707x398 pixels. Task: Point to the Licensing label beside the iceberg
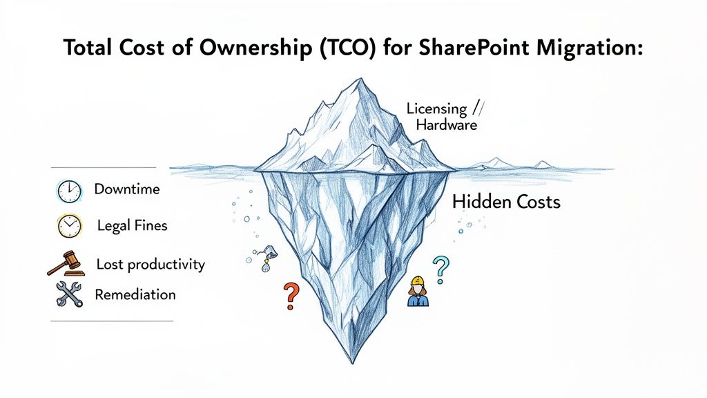click(436, 108)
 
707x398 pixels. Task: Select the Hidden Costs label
click(506, 202)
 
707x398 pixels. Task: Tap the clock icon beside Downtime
click(69, 191)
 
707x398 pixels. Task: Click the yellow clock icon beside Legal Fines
click(69, 226)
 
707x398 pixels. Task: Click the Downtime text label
click(127, 189)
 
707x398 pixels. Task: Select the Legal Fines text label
click(132, 226)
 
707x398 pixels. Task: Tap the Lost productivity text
click(151, 265)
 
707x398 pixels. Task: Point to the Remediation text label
click(135, 295)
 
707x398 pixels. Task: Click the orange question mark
click(291, 295)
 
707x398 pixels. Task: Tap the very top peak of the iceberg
click(357, 79)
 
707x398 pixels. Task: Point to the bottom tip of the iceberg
click(353, 361)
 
